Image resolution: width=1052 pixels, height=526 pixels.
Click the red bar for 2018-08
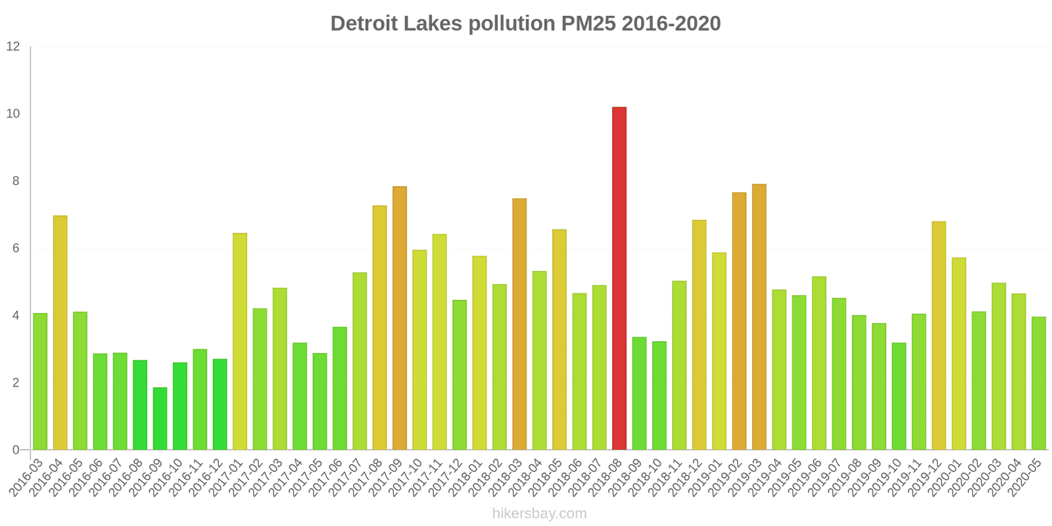point(619,278)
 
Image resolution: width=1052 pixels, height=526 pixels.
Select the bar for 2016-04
point(60,333)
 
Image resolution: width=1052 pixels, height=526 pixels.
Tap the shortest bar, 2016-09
point(160,419)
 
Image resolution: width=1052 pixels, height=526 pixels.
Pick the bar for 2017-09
point(400,318)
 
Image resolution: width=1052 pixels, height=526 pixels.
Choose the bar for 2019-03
point(759,317)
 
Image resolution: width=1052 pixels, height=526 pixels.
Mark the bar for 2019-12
point(939,335)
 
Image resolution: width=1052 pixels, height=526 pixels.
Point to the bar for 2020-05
point(1039,383)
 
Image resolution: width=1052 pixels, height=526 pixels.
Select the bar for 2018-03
point(519,324)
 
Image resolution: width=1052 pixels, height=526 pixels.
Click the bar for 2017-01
point(240,341)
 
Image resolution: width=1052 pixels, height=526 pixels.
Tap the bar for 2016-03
point(40,381)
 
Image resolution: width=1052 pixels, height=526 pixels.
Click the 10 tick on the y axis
point(13,114)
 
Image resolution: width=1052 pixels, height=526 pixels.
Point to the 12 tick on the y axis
point(13,47)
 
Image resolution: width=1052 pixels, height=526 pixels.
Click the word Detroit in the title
point(364,24)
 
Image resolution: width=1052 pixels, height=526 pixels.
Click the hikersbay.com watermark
point(539,514)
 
